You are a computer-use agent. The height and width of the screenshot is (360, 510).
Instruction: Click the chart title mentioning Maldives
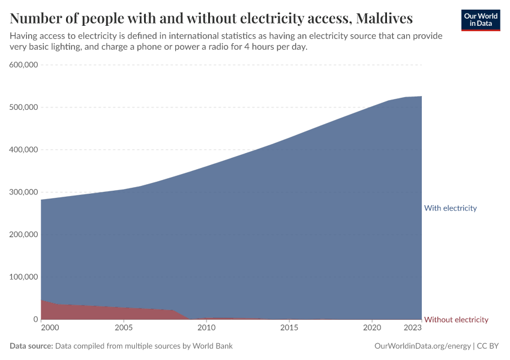(211, 19)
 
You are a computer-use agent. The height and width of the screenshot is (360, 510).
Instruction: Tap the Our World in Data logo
(481, 20)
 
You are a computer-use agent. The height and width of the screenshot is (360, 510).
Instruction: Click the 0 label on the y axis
(35, 320)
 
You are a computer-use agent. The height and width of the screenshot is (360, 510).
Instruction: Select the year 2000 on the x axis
(50, 328)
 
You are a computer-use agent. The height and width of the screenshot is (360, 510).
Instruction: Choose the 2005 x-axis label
(124, 328)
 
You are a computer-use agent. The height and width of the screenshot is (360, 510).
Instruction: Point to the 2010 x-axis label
(206, 328)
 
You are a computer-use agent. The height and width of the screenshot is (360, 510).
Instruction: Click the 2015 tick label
(289, 328)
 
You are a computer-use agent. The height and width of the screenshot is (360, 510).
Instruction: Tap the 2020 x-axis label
(372, 328)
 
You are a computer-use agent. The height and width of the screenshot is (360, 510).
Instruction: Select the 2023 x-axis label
(413, 328)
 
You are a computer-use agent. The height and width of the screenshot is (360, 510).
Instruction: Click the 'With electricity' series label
(450, 208)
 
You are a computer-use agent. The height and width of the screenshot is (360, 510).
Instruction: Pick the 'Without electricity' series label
(456, 320)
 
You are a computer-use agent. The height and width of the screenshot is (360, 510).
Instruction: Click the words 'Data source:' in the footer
(31, 346)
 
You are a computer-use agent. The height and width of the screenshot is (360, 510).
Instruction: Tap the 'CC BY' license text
(488, 346)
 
